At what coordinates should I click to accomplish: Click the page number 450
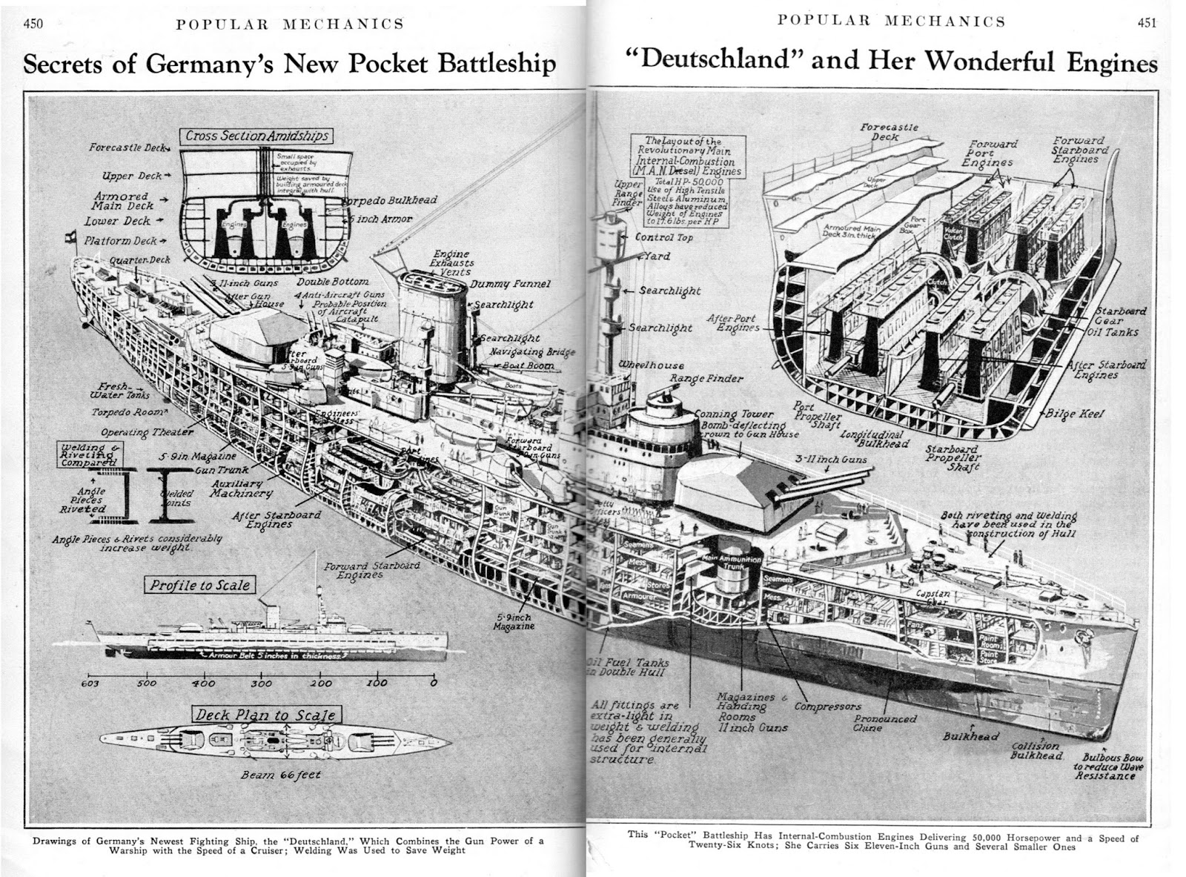coord(34,23)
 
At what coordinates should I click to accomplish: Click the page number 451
coord(1147,21)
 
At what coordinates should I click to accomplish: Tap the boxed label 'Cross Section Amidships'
coord(256,136)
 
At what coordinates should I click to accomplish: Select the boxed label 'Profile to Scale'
coord(199,586)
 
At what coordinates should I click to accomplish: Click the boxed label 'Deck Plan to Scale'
coord(265,715)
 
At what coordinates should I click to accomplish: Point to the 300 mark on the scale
coord(261,683)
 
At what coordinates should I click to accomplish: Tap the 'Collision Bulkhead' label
coord(1037,750)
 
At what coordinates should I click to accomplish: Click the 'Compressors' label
coord(827,706)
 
